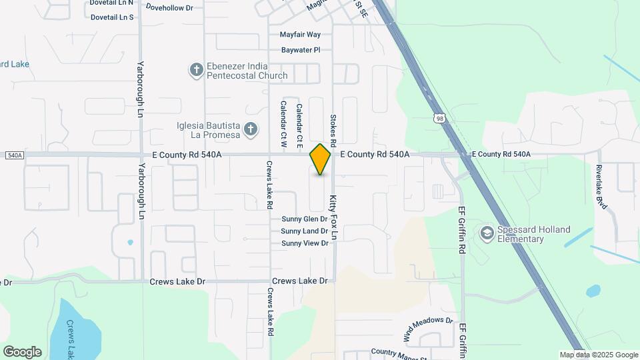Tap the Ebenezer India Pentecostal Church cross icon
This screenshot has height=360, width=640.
pos(196,70)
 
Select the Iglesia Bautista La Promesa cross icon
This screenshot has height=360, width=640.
pos(251,129)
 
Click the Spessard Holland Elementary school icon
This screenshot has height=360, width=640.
pos(487,233)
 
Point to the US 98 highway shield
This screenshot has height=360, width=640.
pos(439,119)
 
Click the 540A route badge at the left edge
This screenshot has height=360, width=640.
pos(14,155)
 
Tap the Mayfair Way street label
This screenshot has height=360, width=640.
pos(300,35)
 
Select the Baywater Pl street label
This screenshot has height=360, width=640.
pos(301,50)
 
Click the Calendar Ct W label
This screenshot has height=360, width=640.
pos(283,124)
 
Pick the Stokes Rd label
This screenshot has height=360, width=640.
pos(333,129)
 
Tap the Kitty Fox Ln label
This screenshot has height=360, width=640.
pos(333,217)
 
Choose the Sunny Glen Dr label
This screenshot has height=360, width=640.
pos(305,219)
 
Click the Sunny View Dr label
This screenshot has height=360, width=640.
pos(305,243)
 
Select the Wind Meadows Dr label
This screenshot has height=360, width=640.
pos(429,326)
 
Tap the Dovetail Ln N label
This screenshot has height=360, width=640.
pos(112,3)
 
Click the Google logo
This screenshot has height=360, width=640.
pos(22,352)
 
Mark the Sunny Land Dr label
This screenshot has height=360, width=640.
pos(305,231)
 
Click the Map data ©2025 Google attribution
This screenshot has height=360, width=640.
pos(599,355)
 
